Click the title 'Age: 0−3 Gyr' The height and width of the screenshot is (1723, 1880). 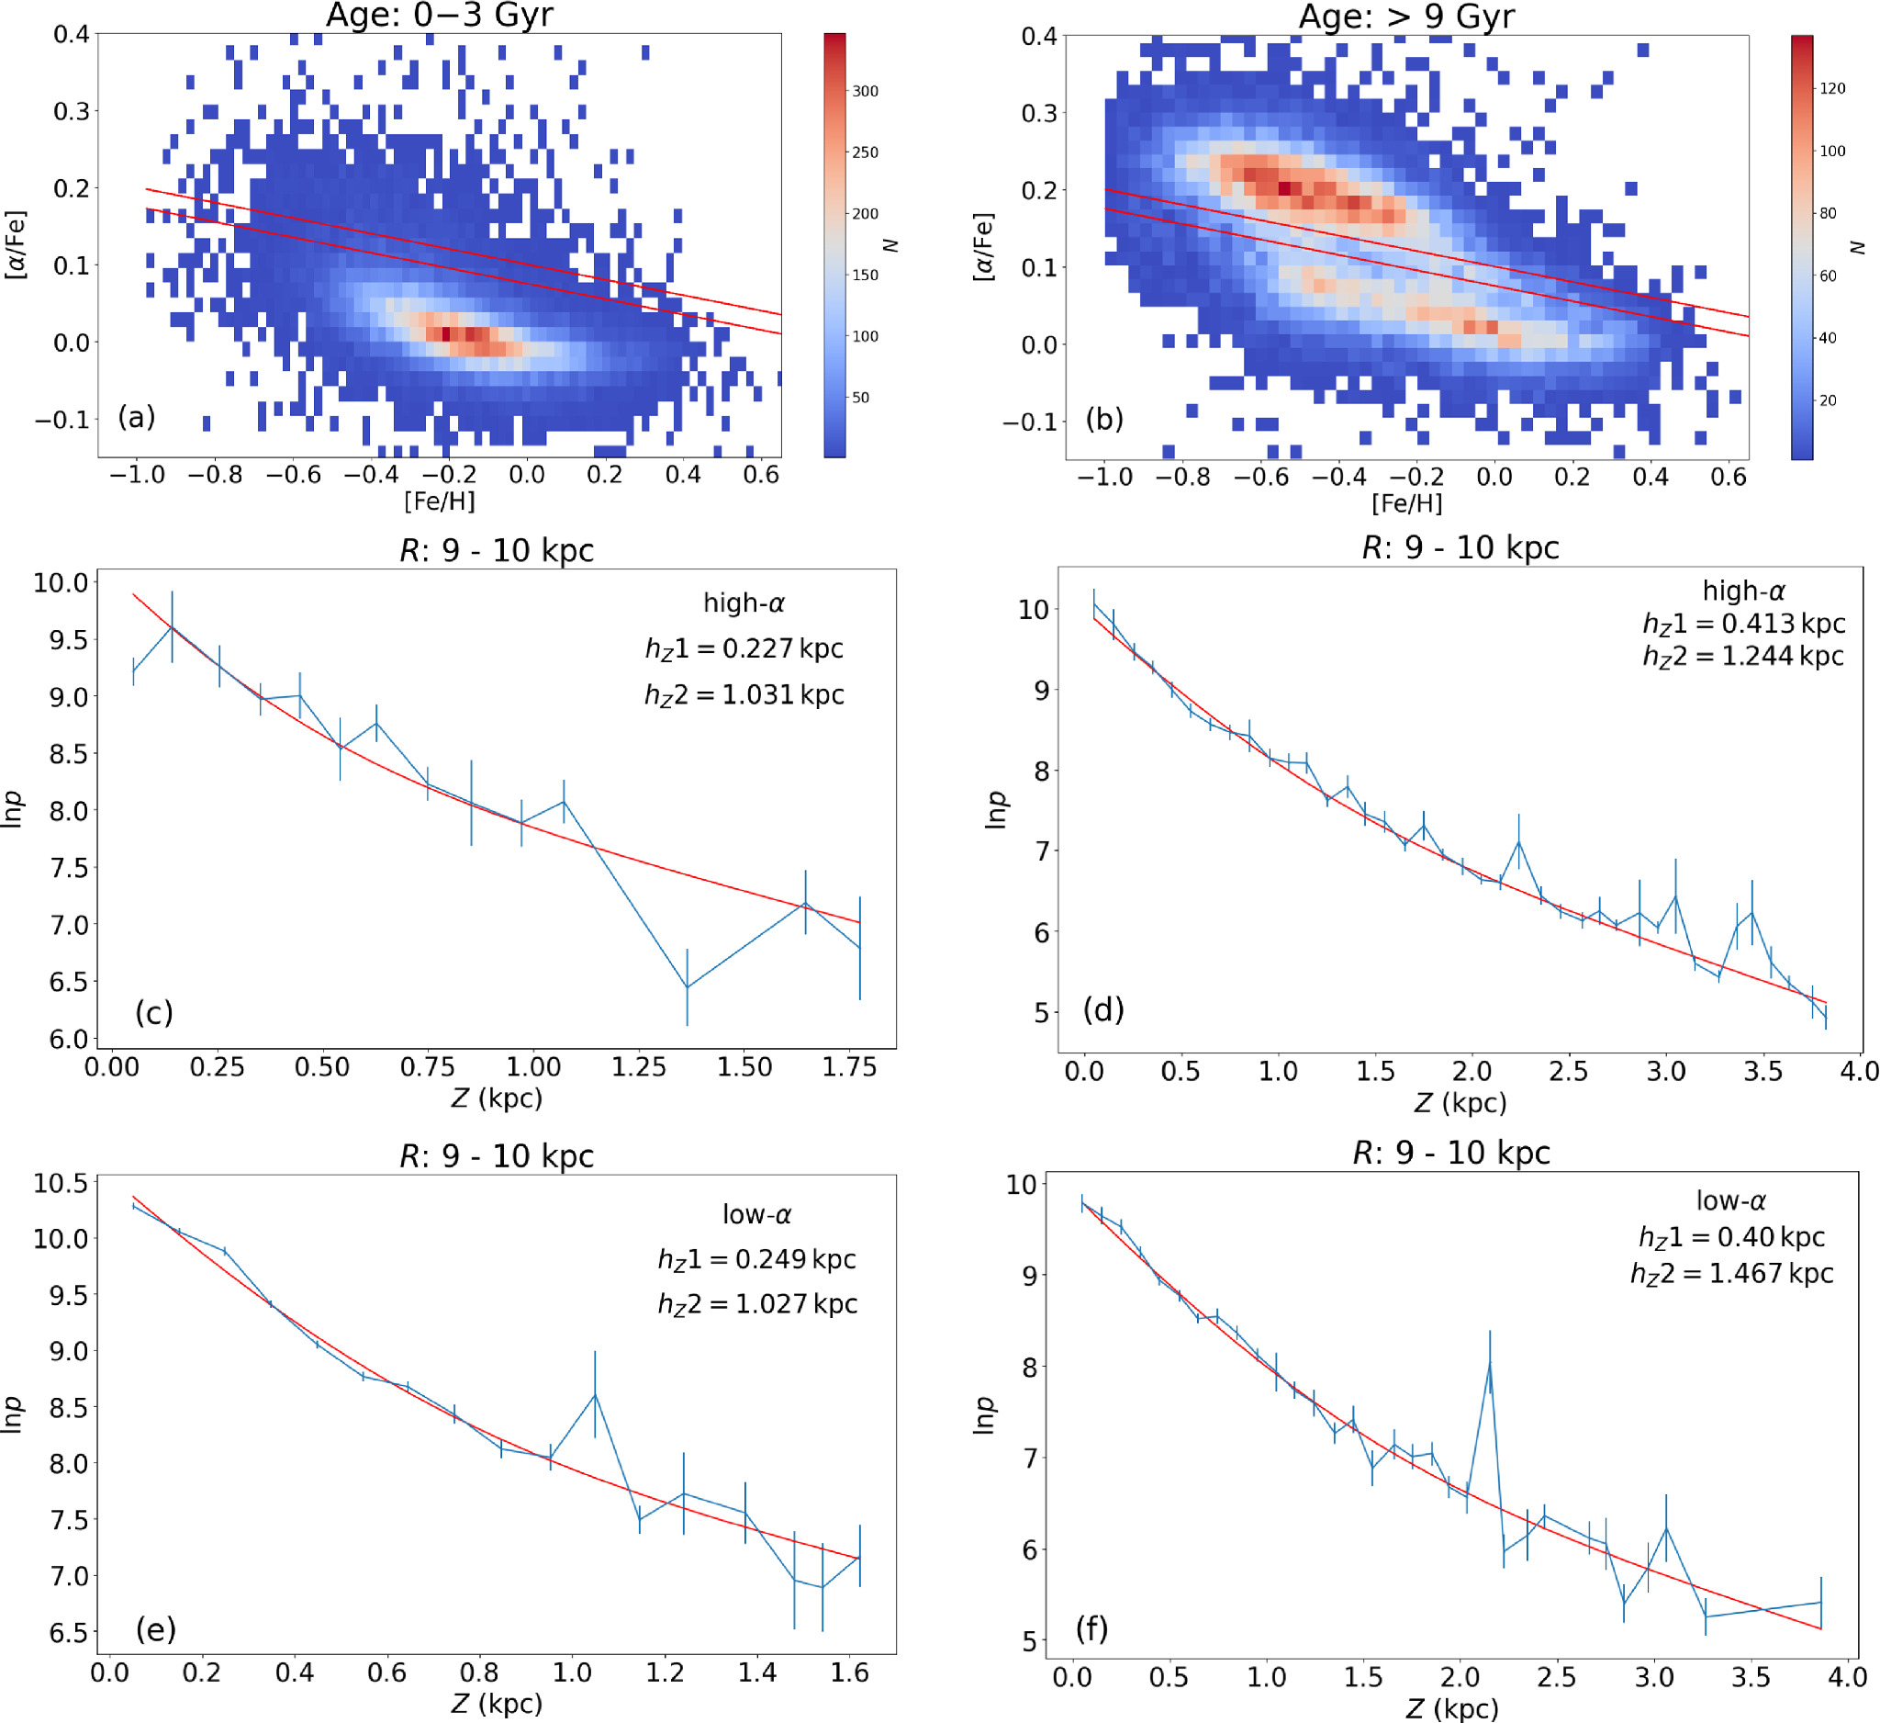click(x=439, y=15)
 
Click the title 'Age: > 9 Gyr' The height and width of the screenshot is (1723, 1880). click(x=1406, y=16)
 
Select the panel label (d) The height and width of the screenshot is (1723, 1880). click(x=1103, y=1009)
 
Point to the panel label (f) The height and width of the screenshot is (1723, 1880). click(x=1091, y=1628)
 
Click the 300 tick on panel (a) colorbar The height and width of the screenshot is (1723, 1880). click(x=865, y=92)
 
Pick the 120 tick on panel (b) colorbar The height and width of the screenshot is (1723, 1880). click(x=1832, y=88)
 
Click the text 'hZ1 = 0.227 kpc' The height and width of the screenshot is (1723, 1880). click(x=744, y=649)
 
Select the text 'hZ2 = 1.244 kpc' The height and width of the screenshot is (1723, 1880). click(x=1743, y=657)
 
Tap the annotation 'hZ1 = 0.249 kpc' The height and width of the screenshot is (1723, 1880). click(x=757, y=1259)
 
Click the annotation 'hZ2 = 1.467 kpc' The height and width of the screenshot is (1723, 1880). click(x=1731, y=1274)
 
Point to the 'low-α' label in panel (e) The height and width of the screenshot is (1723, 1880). click(x=757, y=1214)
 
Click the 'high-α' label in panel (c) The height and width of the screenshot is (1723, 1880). click(x=744, y=603)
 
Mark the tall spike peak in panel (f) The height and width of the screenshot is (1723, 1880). click(x=1490, y=1363)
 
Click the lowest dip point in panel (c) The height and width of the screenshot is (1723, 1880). click(x=688, y=987)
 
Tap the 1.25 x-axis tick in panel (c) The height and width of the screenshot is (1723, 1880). click(x=639, y=1066)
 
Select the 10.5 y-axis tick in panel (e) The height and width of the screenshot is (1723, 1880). click(x=61, y=1184)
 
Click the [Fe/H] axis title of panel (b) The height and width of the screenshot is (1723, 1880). click(x=1406, y=503)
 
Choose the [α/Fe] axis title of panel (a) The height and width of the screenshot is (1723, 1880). click(x=16, y=244)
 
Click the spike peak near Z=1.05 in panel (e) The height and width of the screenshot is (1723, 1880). click(x=595, y=1393)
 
